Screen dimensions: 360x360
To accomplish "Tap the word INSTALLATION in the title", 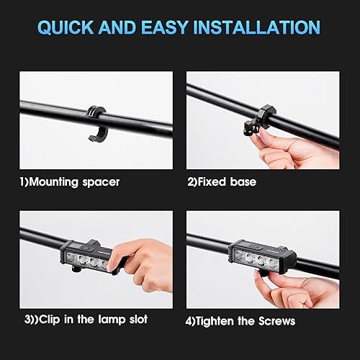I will point(258,28).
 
